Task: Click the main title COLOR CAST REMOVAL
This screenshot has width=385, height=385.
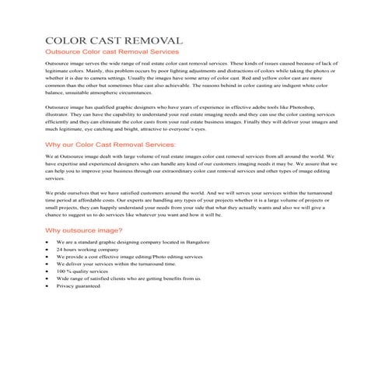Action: pyautogui.click(x=114, y=40)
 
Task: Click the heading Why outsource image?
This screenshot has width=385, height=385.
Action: pyautogui.click(x=84, y=230)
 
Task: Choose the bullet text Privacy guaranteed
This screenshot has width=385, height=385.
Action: pyautogui.click(x=78, y=286)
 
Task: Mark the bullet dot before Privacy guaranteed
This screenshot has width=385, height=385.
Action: pyautogui.click(x=48, y=286)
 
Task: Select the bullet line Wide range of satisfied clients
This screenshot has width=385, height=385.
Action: pyautogui.click(x=128, y=278)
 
